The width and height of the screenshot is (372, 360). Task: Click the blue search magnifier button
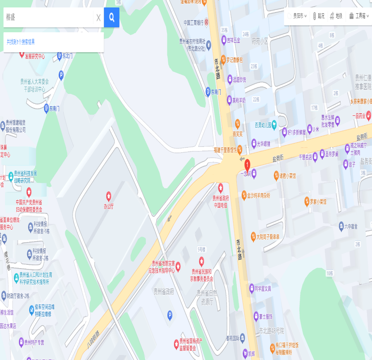click(x=112, y=17)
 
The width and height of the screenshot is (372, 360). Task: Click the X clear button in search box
click(x=98, y=17)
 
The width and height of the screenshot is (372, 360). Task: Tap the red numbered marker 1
click(x=247, y=163)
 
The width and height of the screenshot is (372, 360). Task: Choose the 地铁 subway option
click(x=336, y=16)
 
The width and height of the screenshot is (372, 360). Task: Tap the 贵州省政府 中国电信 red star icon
click(x=221, y=187)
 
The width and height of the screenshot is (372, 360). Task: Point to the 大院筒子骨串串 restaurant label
click(x=268, y=237)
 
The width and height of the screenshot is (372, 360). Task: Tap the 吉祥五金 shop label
click(x=234, y=41)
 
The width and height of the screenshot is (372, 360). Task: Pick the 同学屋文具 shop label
click(x=262, y=288)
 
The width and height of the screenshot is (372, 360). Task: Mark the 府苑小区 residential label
click(x=260, y=41)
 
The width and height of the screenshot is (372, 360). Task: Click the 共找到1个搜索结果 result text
click(x=21, y=42)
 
